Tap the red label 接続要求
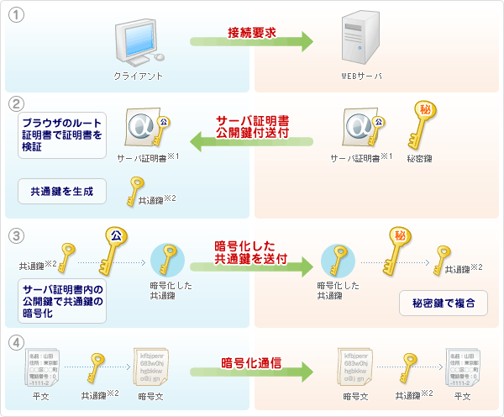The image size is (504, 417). point(252,33)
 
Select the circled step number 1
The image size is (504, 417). point(13,14)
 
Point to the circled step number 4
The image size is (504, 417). point(13,342)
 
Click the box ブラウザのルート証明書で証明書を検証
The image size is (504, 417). point(63,135)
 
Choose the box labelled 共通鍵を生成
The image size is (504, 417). point(63,191)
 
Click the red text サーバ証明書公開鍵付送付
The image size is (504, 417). point(252,126)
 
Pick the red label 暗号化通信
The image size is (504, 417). point(251,364)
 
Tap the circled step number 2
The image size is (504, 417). point(13,103)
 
